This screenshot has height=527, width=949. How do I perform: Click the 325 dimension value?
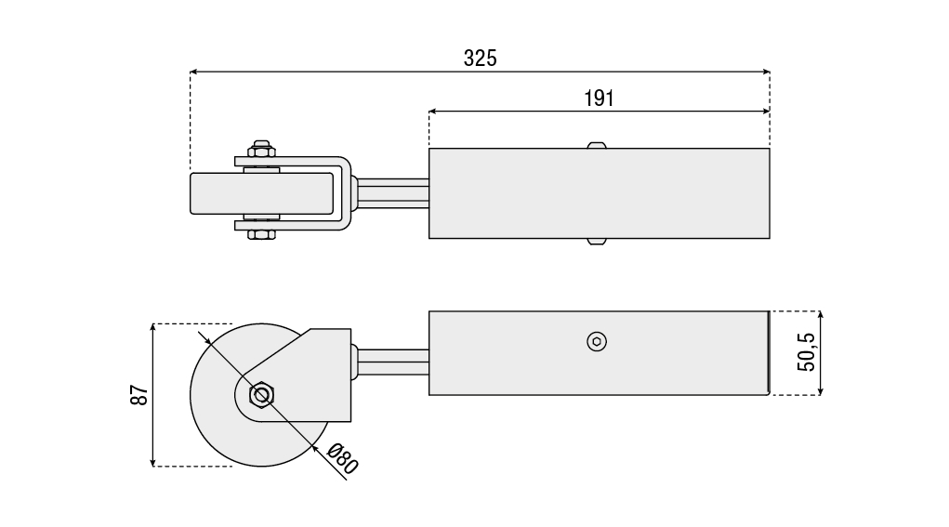tap(480, 58)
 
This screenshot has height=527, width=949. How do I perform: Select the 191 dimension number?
tap(599, 99)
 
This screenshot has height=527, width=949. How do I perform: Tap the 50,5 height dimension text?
tap(806, 352)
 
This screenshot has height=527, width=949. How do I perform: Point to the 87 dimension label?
tap(139, 395)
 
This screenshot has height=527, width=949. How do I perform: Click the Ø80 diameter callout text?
tap(343, 458)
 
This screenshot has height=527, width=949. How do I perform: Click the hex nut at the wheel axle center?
tap(261, 395)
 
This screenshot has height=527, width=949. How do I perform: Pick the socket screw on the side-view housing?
tap(597, 342)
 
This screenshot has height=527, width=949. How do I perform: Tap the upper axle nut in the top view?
tap(261, 150)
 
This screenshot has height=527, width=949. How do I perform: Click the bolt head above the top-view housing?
tap(597, 145)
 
